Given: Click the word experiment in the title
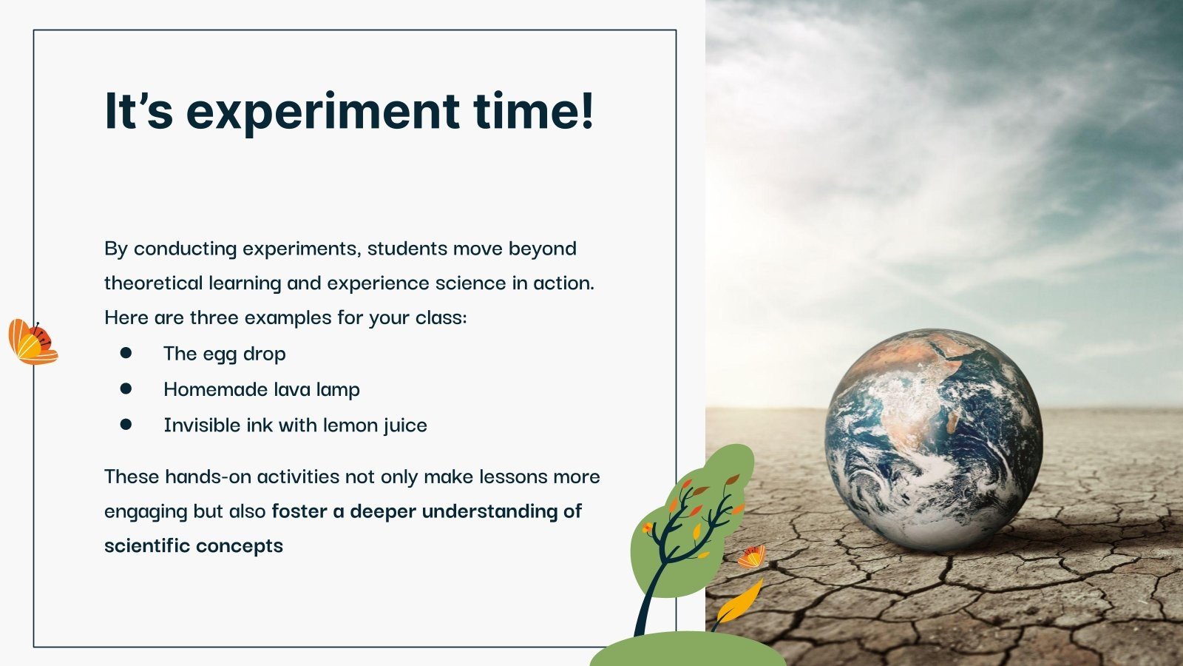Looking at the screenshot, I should pyautogui.click(x=322, y=111).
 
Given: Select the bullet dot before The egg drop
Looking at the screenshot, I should pyautogui.click(x=126, y=354).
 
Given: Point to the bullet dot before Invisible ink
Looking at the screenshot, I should pyautogui.click(x=126, y=425).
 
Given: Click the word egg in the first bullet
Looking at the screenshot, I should pyautogui.click(x=220, y=355).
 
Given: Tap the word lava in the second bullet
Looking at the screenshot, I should pyautogui.click(x=294, y=389).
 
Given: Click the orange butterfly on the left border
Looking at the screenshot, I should pyautogui.click(x=32, y=343).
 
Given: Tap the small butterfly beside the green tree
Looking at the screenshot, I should pyautogui.click(x=752, y=556).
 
